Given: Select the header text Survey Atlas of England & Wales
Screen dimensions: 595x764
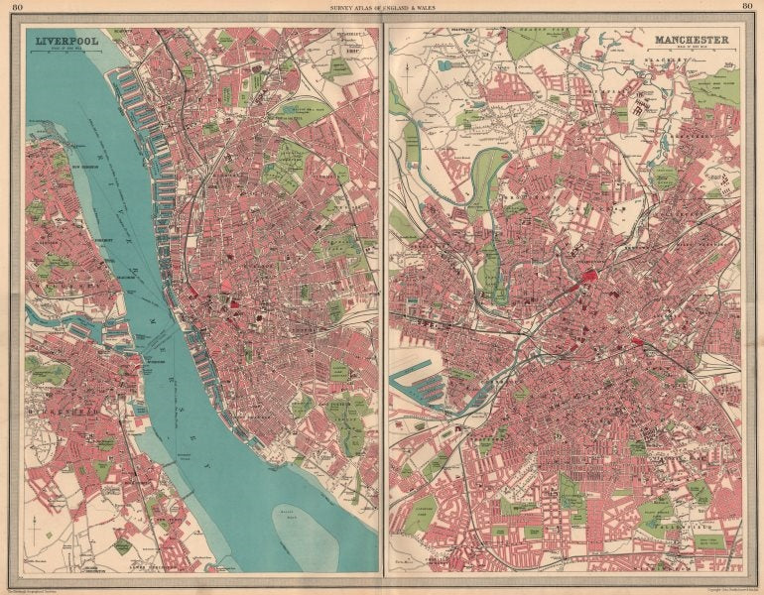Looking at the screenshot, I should coord(382,9).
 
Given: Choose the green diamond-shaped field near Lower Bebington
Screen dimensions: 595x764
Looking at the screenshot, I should coord(122,545).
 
